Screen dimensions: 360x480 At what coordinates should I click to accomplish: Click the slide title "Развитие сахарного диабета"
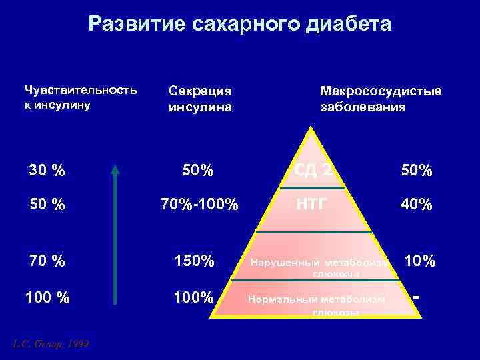click(240, 25)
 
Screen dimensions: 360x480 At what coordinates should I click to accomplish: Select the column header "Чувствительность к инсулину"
click(81, 97)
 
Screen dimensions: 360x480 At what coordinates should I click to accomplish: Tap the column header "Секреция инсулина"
click(201, 98)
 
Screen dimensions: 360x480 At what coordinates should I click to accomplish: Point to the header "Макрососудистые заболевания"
click(381, 98)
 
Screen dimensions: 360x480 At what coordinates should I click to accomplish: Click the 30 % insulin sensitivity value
click(47, 171)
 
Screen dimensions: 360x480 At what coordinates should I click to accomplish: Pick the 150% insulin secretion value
click(194, 261)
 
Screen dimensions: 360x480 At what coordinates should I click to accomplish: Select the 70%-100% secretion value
click(199, 205)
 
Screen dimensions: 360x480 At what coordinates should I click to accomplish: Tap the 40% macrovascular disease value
click(416, 205)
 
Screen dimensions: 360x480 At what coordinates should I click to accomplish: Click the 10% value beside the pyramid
click(420, 261)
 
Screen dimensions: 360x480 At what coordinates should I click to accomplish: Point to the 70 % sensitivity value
click(47, 261)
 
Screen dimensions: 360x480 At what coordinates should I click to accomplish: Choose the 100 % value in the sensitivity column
click(47, 298)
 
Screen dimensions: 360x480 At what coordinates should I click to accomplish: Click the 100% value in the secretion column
click(194, 298)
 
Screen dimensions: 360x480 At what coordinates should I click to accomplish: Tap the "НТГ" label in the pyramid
click(312, 204)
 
